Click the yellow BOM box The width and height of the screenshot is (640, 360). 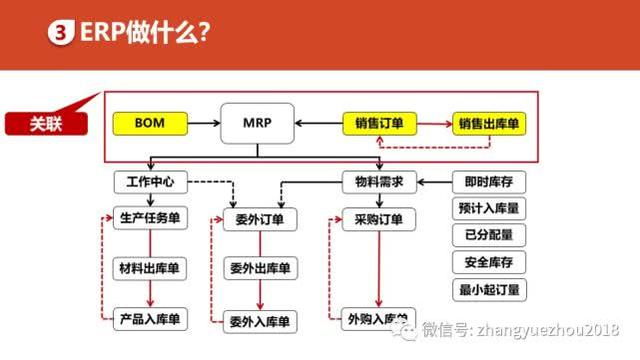(x=148, y=124)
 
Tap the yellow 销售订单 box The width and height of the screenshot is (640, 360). (x=379, y=124)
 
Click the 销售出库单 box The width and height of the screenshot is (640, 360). (x=491, y=124)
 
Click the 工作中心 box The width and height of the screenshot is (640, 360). (x=151, y=183)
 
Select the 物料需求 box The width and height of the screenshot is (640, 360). (x=379, y=183)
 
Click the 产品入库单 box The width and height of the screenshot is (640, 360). (x=150, y=319)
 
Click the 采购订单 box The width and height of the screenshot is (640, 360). (x=378, y=220)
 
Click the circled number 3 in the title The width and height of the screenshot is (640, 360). (x=60, y=34)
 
